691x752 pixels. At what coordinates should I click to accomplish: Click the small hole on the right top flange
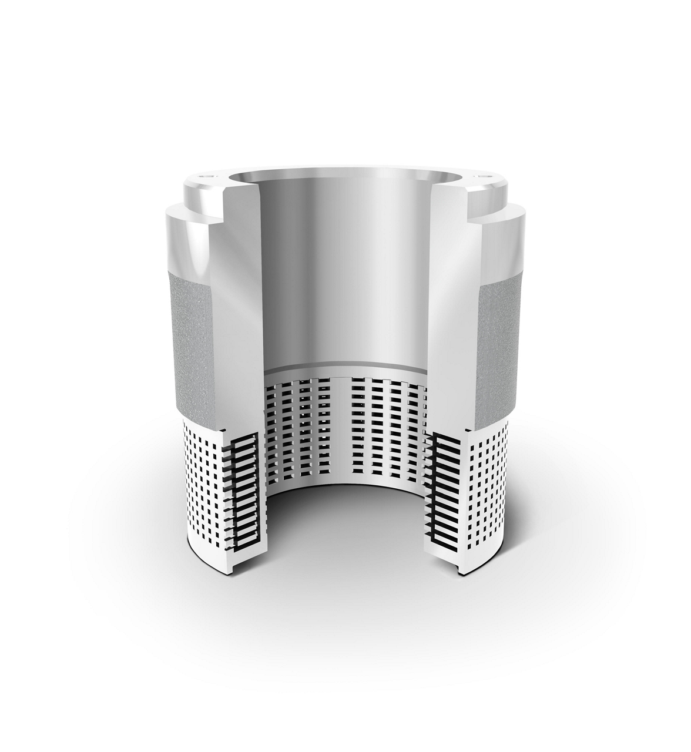tap(484, 176)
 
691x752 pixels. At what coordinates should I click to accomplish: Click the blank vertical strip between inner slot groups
tap(338, 429)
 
